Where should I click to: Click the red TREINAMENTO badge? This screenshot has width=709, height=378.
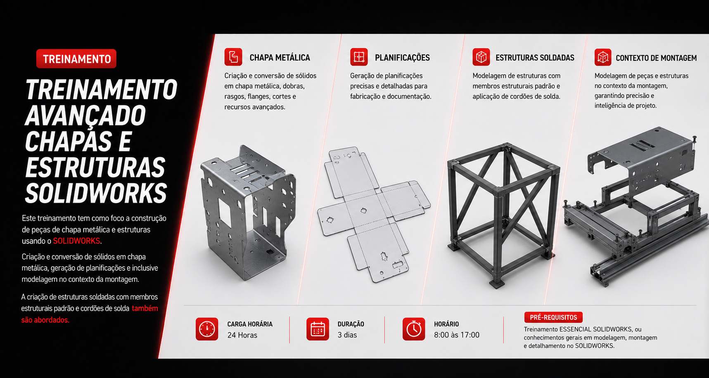coord(76,59)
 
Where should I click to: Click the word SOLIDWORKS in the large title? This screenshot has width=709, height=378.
coord(96,193)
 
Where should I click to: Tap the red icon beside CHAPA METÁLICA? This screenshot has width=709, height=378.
coord(233,57)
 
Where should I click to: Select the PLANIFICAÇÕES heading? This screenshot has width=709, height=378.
coord(402,58)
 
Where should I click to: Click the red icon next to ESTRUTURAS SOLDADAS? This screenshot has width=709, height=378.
coord(481,57)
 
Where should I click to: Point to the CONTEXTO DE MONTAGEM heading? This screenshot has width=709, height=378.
coord(656,58)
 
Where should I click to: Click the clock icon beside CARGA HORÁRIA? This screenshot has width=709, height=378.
coord(207,329)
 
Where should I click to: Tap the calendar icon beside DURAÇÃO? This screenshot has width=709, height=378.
coord(318,329)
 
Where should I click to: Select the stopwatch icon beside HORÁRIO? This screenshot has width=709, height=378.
coord(414,329)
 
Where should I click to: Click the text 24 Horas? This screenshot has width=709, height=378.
coord(242,335)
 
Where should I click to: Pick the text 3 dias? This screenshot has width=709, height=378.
coord(347,335)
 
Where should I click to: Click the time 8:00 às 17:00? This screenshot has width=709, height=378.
coord(457,335)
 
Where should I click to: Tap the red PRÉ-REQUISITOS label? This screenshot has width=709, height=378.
coord(553,317)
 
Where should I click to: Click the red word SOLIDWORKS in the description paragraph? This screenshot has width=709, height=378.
coord(76,241)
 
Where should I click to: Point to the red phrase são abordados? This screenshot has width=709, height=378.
coord(45,320)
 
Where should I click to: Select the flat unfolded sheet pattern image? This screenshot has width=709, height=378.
coord(374,215)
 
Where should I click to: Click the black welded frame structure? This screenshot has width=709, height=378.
coord(504,215)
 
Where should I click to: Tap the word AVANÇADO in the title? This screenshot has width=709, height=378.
coord(85,116)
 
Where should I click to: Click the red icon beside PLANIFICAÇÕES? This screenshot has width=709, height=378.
coord(359,57)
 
